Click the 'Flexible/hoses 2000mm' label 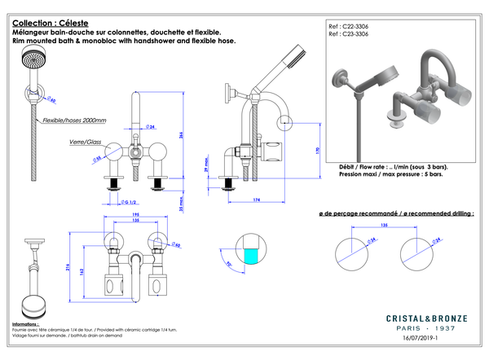74,120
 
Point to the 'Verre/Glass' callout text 84,142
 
